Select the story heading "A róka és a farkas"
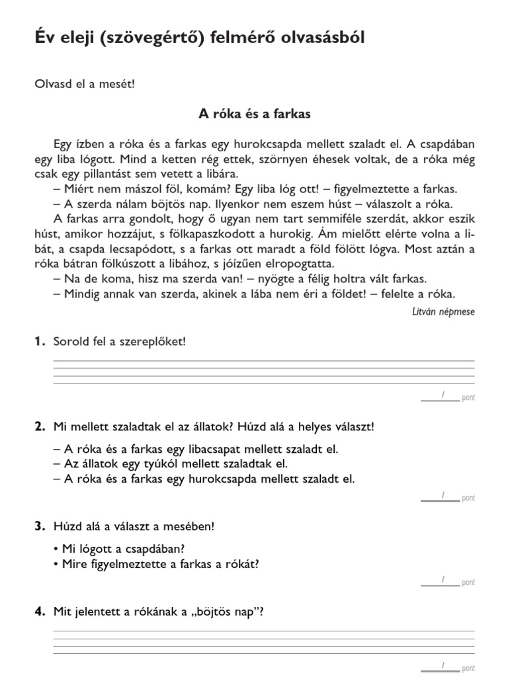(x=255, y=114)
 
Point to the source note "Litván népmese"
(x=443, y=311)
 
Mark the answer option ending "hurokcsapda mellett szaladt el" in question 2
(x=204, y=479)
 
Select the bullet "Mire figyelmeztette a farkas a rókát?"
(x=160, y=564)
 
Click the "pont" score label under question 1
(x=468, y=398)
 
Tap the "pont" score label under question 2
(x=468, y=498)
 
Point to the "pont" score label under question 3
(x=468, y=582)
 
